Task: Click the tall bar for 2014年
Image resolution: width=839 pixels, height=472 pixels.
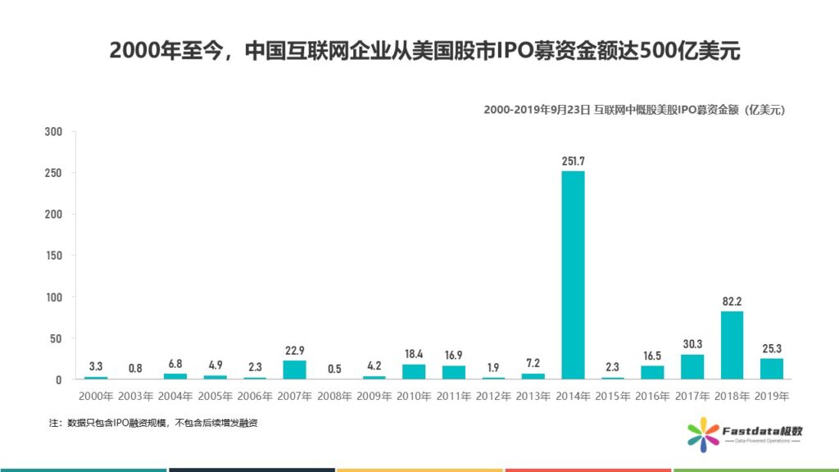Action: (x=573, y=275)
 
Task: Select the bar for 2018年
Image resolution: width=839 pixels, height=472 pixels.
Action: (x=732, y=345)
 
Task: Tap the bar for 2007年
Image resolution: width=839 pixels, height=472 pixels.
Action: (x=294, y=370)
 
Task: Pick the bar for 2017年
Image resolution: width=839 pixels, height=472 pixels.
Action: (x=692, y=366)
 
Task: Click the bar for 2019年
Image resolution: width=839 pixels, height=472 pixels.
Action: (x=771, y=369)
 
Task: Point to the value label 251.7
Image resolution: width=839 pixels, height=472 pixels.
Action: (x=573, y=161)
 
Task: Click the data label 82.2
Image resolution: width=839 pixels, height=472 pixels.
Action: (x=732, y=301)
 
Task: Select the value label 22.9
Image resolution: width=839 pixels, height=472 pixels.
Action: (x=294, y=350)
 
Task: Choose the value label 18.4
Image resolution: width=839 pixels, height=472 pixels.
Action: (x=414, y=354)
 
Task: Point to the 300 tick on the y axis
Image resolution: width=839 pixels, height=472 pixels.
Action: (x=53, y=132)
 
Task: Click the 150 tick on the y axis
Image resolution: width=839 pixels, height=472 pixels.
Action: (x=53, y=256)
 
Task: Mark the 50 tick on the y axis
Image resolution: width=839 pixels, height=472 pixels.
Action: (x=57, y=338)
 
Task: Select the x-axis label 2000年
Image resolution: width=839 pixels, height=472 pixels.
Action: (x=96, y=396)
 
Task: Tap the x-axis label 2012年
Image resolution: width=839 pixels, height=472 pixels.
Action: (x=493, y=396)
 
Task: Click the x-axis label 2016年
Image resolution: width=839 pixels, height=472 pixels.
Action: (x=652, y=396)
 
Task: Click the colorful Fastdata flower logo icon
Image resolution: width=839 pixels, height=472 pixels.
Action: (x=702, y=433)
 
